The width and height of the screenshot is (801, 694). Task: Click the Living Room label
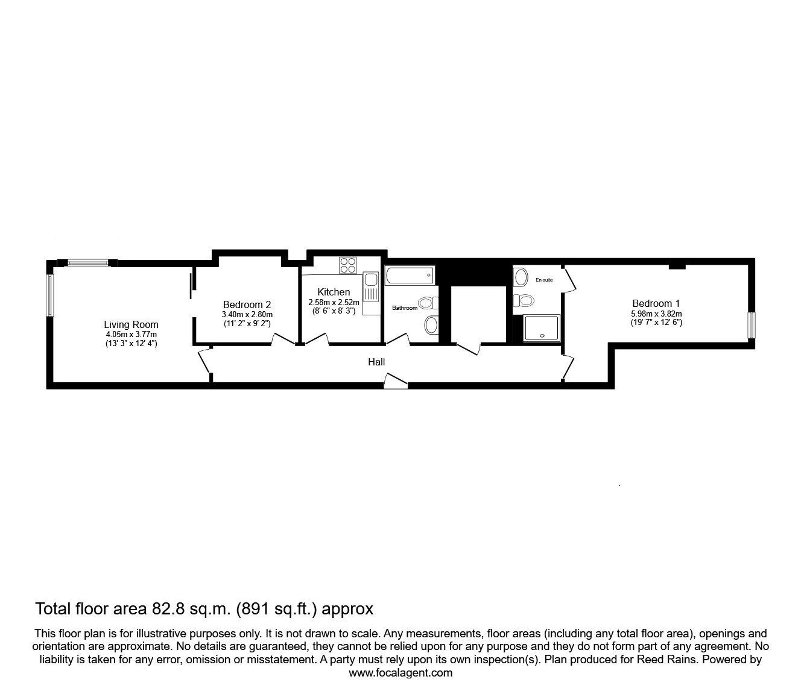(130, 324)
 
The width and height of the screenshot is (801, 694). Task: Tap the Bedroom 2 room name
(247, 304)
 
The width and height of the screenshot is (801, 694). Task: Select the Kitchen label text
(334, 292)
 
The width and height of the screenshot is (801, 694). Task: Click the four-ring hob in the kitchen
(348, 265)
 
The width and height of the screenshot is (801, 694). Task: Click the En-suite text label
(544, 280)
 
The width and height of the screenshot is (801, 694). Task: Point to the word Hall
(376, 362)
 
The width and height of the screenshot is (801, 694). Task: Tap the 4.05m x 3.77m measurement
(130, 335)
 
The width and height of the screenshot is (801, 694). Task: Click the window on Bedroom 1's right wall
(751, 326)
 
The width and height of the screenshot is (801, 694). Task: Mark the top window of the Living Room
(88, 262)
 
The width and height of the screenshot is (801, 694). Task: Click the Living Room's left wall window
(51, 295)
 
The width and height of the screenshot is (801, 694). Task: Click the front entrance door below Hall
(396, 381)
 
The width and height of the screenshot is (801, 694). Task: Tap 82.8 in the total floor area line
(166, 609)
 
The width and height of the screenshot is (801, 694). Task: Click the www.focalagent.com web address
(400, 673)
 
